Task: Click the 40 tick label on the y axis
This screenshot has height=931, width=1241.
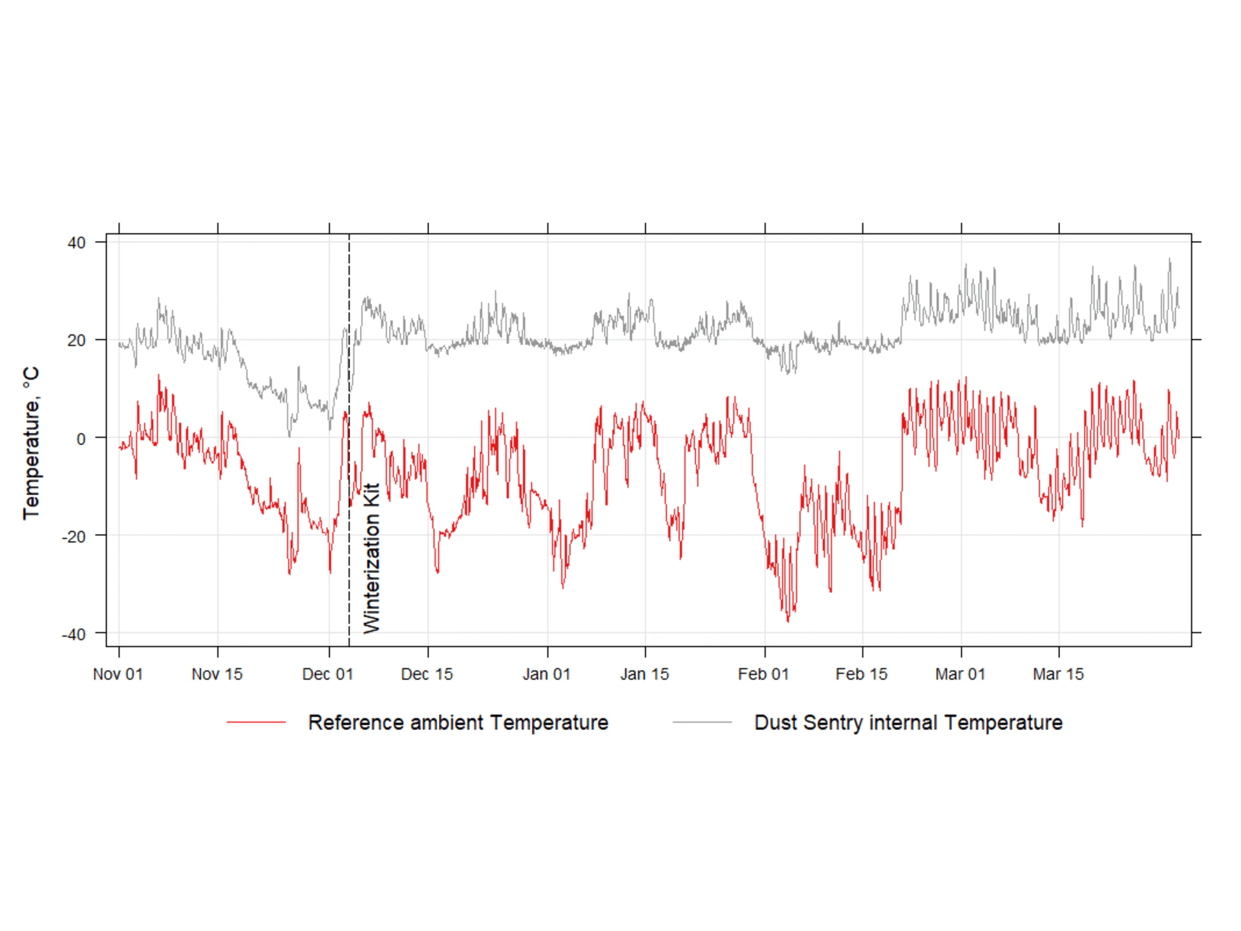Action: (76, 243)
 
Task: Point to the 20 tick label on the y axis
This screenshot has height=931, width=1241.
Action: (76, 341)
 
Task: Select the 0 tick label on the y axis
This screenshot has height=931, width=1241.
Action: (81, 439)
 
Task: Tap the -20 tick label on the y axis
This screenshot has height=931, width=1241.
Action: (74, 537)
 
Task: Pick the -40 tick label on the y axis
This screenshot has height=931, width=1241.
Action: (74, 634)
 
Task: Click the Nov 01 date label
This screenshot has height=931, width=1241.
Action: (118, 674)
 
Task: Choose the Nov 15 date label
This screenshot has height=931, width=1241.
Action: (217, 674)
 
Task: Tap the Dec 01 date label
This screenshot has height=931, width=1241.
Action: (328, 674)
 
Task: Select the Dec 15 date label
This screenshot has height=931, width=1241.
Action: (427, 674)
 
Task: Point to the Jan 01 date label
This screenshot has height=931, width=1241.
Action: (547, 674)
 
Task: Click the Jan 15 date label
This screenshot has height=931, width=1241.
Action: (644, 674)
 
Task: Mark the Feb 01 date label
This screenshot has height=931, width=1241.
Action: (763, 674)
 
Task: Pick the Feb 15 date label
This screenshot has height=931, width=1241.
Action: (862, 674)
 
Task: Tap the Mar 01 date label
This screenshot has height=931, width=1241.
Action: (960, 674)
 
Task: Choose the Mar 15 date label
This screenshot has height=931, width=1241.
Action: (1058, 674)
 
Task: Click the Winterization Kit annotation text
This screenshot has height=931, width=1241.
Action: (372, 558)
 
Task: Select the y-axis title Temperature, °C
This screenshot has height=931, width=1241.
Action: (31, 443)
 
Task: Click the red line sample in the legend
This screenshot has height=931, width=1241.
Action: (256, 722)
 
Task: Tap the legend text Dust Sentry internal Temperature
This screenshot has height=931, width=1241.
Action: (908, 722)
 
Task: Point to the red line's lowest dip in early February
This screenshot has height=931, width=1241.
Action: (788, 621)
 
